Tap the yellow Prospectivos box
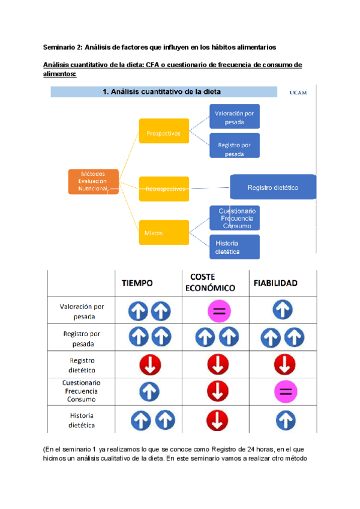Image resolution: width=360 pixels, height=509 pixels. coord(164,133)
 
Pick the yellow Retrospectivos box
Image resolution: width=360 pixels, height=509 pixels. coord(164,188)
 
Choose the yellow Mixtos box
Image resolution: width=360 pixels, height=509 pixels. coord(164,232)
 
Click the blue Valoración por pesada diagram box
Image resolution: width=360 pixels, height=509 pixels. coord(234,116)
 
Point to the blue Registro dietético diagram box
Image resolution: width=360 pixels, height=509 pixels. coord(273,188)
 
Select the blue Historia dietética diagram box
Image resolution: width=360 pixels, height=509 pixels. coord(234,247)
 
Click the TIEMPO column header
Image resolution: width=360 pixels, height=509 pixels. coord(137,282)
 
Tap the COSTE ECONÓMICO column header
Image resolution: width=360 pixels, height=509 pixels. coord(212,282)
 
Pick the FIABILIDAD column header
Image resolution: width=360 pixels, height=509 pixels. coord(275,282)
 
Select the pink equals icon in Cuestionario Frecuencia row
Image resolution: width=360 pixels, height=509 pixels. coord(285,393)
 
